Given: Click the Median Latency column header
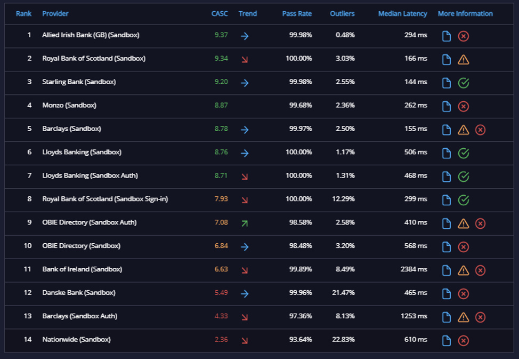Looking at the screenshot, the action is coord(402,13).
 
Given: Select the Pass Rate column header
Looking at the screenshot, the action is coord(297,13).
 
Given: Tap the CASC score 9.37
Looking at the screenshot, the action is coord(221,35).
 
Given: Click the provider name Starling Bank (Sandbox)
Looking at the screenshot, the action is coord(79,82).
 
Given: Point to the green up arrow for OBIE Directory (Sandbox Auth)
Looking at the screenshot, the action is coord(245,223).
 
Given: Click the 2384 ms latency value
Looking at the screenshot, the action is coord(413,269).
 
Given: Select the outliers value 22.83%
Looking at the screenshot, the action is coord(343,339).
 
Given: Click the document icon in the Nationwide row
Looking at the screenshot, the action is coord(447,340).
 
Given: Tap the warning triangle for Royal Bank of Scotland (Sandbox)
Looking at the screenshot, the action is coord(464,60).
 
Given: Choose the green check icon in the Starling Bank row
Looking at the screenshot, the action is coord(464,83).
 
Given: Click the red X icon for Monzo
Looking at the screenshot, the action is coord(464,106).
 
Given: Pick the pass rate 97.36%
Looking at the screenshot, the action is coord(301,316).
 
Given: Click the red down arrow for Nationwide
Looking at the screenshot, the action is coord(245,340).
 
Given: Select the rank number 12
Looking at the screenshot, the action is coord(28,292).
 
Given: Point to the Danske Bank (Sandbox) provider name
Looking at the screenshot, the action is coord(79,292).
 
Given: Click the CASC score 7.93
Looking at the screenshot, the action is coord(221,199).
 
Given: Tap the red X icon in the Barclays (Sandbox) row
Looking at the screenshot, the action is coord(480,130).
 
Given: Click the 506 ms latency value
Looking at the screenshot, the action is coord(416,152).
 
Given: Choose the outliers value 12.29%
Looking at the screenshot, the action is coord(343,199).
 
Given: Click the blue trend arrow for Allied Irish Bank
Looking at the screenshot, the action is coord(245,36).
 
